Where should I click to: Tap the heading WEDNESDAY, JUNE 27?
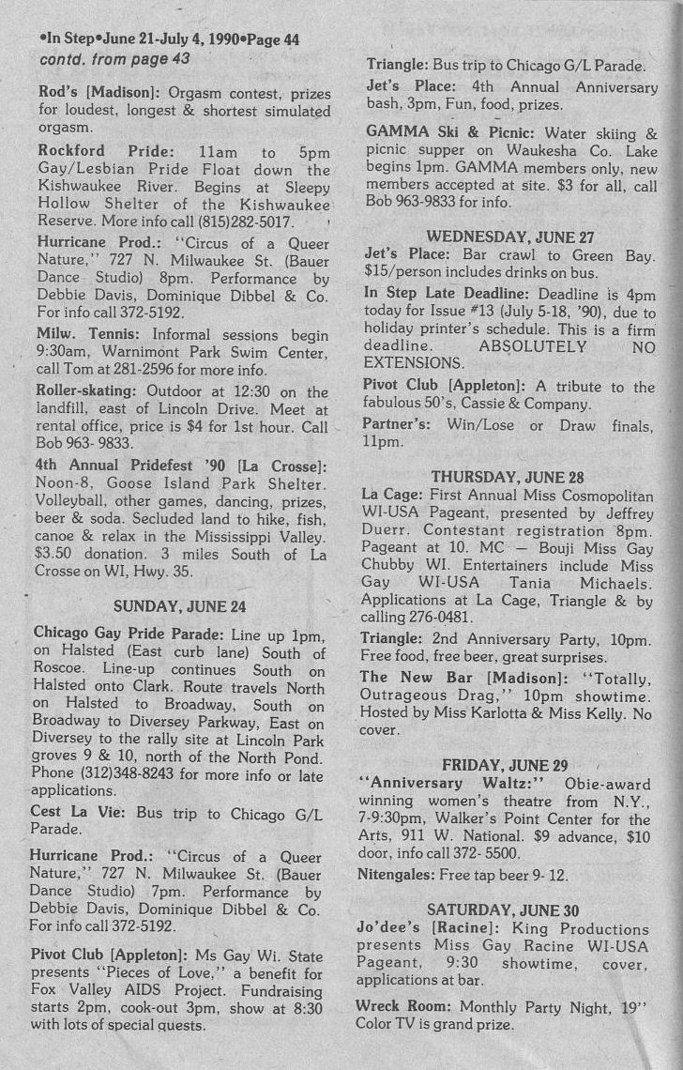pos(510,237)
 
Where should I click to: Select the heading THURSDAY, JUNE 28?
pos(510,477)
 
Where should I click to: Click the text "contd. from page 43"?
pos(114,59)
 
